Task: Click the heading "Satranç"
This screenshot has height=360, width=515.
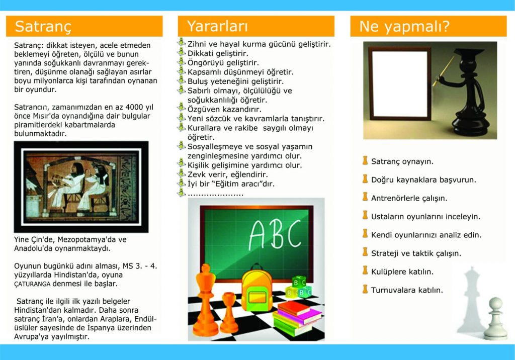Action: click(43, 26)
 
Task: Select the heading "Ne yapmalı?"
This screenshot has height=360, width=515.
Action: click(404, 26)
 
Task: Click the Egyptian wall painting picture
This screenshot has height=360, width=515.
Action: click(81, 187)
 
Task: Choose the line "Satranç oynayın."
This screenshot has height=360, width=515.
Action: click(402, 162)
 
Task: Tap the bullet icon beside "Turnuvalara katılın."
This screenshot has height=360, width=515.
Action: click(365, 289)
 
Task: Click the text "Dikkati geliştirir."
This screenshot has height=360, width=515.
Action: click(218, 53)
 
